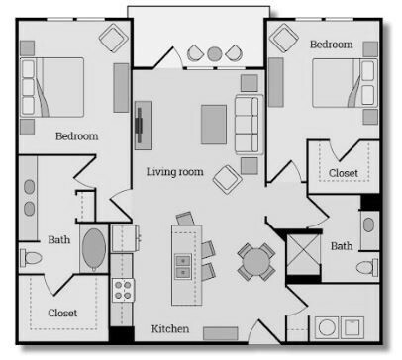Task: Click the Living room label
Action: coord(174,172)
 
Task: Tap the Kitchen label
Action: coord(170,328)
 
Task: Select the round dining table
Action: coord(255,261)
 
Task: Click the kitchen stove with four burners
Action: coord(123,290)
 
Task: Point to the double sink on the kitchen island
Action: coord(183,266)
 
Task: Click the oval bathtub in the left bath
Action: coord(94,249)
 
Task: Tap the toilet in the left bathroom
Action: coord(31,258)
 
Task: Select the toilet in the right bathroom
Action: coord(367,267)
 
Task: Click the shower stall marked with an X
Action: coord(303,254)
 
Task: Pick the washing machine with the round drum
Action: coord(327,327)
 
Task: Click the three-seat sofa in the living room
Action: coord(250,125)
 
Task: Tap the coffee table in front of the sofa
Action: coord(214,125)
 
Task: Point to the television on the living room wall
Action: coord(140,125)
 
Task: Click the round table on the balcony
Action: coord(215,54)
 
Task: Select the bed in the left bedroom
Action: coord(51,87)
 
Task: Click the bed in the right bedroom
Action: coord(345,83)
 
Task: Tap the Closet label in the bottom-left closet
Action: coord(62,313)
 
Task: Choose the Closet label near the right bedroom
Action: coord(344,173)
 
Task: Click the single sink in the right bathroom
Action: coord(368,225)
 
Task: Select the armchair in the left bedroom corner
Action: coord(114,38)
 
